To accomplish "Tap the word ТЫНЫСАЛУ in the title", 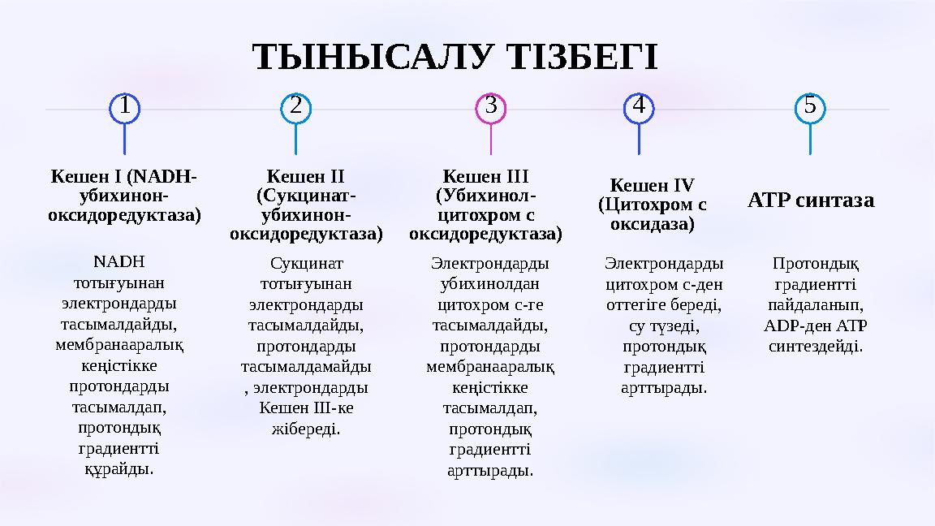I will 372,58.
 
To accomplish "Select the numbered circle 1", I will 124,107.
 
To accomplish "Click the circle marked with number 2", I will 295,107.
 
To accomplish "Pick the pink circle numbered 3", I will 491,107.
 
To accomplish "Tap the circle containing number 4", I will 639,107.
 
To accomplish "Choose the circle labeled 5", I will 810,107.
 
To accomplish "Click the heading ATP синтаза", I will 810,200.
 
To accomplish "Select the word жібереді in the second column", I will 305,428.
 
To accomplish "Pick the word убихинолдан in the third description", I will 490,284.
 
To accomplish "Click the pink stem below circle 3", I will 491,139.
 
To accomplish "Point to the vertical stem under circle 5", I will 810,139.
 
